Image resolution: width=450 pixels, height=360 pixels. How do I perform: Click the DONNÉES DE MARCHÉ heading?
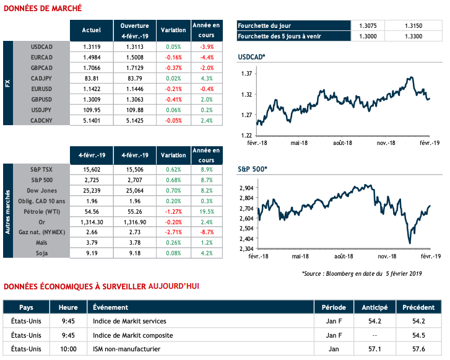point(43,8)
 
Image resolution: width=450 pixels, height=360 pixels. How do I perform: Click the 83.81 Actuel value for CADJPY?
point(91,78)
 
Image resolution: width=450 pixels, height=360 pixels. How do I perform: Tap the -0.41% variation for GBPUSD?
point(173,99)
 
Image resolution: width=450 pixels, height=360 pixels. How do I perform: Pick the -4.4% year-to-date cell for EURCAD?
point(206,57)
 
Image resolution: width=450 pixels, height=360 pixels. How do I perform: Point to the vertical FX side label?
point(8,83)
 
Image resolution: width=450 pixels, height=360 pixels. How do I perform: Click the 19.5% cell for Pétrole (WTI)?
point(206,211)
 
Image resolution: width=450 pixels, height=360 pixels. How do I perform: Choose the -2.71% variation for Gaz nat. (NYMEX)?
point(173,232)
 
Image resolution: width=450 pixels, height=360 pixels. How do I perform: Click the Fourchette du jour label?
point(264,26)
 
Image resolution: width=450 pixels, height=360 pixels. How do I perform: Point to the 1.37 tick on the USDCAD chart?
point(247,74)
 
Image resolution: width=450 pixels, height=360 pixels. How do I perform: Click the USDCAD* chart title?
point(252,58)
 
